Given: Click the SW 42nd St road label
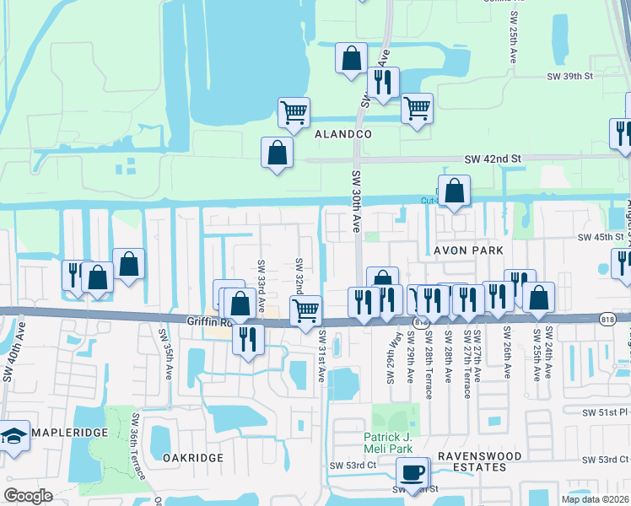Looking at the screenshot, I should coord(494,159).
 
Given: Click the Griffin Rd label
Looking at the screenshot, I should coord(208,321).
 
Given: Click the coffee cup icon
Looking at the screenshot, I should coord(413,472).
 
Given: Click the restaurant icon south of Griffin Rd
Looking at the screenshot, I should coord(247,337).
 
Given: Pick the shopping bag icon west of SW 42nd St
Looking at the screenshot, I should coord(277,153).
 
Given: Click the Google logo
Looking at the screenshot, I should coord(28,496).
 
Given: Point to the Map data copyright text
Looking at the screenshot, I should coord(595,499).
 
